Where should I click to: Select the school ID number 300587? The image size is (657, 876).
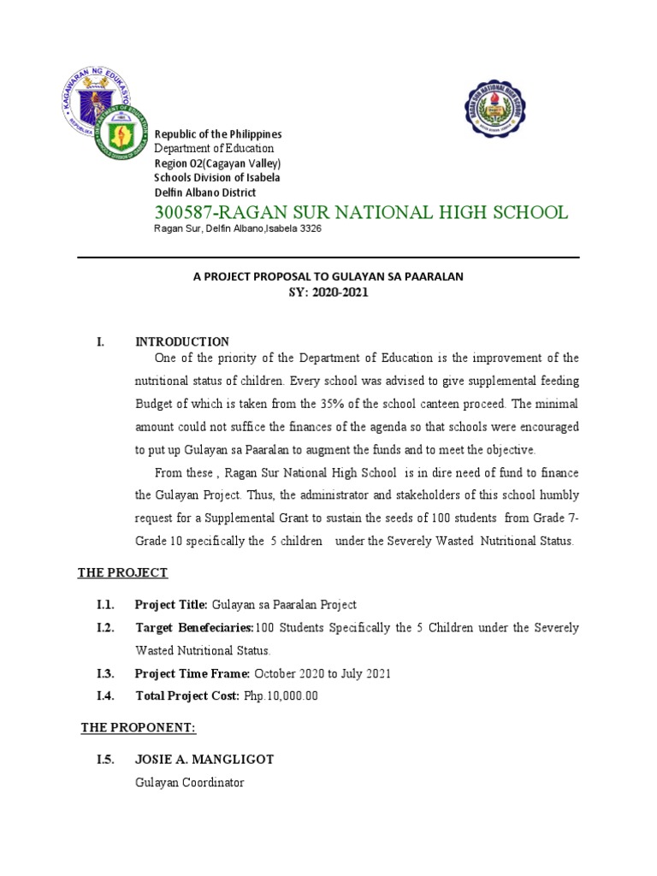[x=181, y=212]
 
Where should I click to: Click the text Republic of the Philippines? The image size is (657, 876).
[x=217, y=134]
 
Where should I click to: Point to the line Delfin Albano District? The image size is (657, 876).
[x=204, y=192]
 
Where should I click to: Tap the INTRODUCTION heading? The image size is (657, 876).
[x=182, y=341]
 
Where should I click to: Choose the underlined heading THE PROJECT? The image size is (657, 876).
[x=122, y=572]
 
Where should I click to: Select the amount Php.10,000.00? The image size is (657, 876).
[x=281, y=696]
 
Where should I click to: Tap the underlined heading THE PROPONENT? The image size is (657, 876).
[x=139, y=728]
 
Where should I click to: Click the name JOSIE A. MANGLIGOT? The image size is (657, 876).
[x=204, y=760]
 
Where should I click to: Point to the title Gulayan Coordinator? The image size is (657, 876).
[x=189, y=783]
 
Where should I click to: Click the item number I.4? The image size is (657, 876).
[x=106, y=696]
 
